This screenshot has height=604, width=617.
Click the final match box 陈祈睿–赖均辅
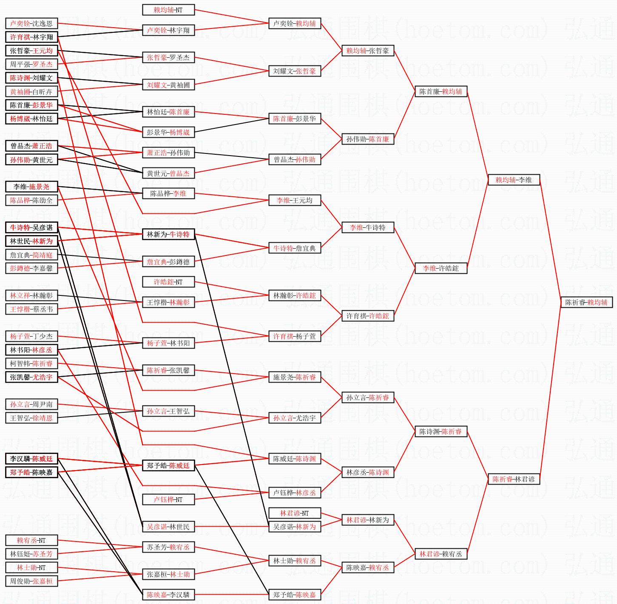tap(586, 302)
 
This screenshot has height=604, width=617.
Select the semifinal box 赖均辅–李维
tap(514, 180)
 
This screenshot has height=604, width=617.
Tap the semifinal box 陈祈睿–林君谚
tap(514, 479)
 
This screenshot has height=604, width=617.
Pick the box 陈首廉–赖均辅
tap(441, 91)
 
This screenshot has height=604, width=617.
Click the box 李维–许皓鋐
tap(441, 268)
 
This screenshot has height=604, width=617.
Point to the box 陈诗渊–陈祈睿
tap(441, 431)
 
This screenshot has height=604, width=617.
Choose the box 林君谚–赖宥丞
tap(441, 554)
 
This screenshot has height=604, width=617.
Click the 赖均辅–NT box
tap(168, 10)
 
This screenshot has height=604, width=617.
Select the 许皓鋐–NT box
tap(168, 282)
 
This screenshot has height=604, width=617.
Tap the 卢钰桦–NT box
tap(168, 499)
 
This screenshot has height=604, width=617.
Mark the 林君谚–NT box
tap(295, 513)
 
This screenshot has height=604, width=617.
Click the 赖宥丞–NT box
tap(31, 540)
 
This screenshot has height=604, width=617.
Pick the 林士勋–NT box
tap(31, 567)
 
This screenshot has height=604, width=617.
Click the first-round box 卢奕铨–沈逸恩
tap(31, 23)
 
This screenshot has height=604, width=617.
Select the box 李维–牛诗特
tap(368, 227)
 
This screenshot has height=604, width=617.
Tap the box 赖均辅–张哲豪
tap(368, 51)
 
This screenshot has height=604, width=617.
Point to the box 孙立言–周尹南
tap(31, 404)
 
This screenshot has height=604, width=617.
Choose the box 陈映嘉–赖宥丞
tap(368, 567)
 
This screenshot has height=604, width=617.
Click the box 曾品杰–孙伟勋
tap(295, 159)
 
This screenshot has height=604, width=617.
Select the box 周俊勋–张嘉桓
tap(31, 581)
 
